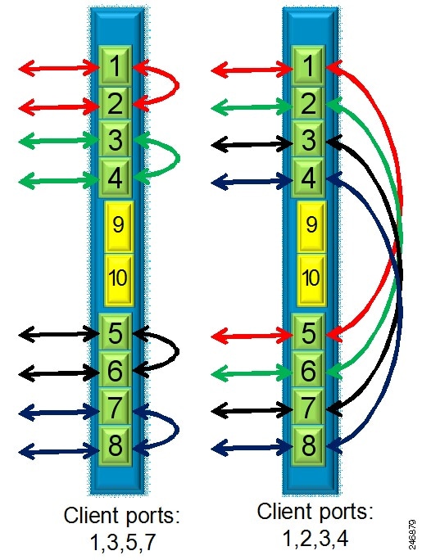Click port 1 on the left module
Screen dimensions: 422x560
(x=115, y=66)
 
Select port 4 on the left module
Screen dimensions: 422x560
(x=115, y=178)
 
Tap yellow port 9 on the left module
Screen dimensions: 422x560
(x=119, y=226)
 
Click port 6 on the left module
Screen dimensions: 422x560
(x=115, y=371)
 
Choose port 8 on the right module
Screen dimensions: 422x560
(x=307, y=445)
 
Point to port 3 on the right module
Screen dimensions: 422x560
(x=307, y=140)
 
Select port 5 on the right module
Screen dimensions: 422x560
(x=307, y=332)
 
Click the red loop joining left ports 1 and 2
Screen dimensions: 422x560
(x=177, y=86)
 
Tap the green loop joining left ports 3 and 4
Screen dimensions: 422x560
(x=178, y=159)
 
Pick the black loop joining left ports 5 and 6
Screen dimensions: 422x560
(x=177, y=352)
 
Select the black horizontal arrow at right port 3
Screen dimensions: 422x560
(x=252, y=144)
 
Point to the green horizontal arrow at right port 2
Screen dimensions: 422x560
(x=252, y=106)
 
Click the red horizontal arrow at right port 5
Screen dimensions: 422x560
(x=252, y=336)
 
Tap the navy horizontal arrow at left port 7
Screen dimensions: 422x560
(x=59, y=413)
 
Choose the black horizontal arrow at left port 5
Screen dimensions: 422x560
(x=59, y=334)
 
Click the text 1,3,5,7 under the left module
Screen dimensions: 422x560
(x=123, y=542)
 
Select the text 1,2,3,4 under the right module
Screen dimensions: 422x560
(x=315, y=538)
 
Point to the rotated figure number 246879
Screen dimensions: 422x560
(x=412, y=534)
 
